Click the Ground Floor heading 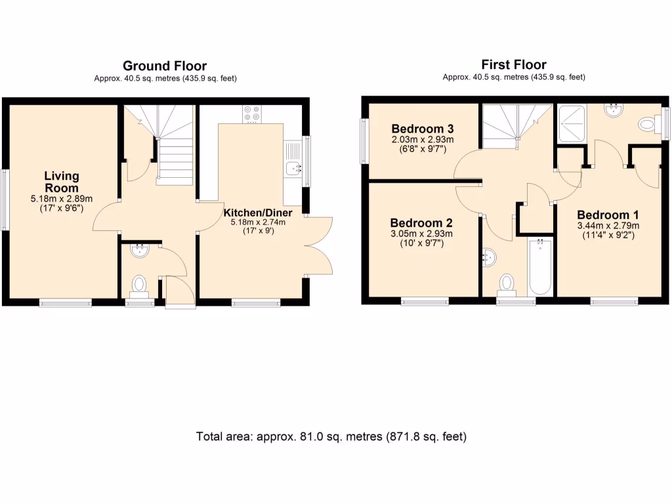pos(165,66)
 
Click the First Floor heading pos(514,64)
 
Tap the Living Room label pos(62,181)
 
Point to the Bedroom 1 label pos(608,215)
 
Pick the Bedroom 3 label pos(423,128)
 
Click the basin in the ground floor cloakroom pos(140,249)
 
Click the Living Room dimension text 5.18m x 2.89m pos(62,198)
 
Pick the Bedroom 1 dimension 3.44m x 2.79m pos(608,226)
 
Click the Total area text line pos(331,436)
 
